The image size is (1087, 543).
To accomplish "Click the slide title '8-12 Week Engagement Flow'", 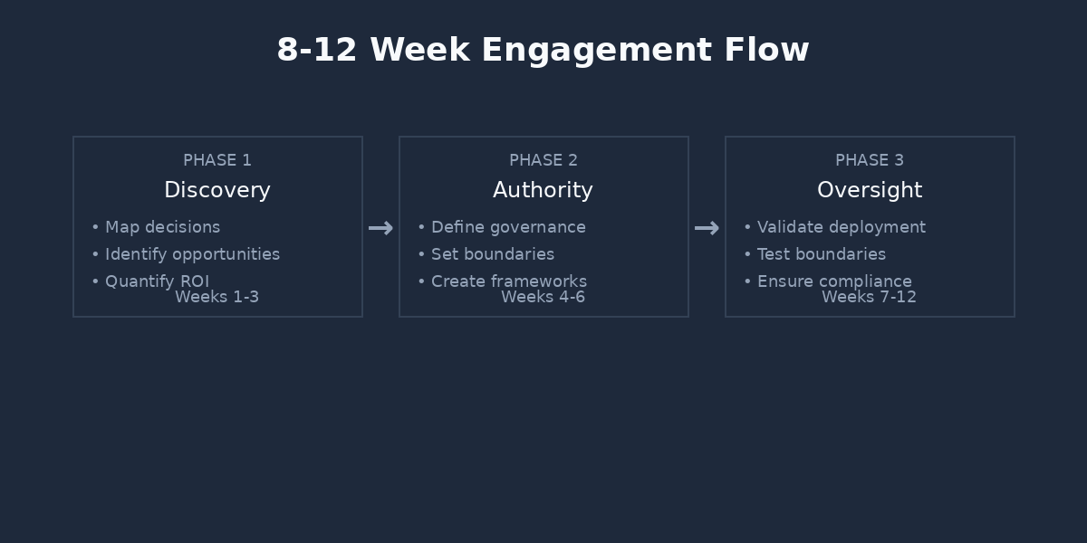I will pyautogui.click(x=543, y=50).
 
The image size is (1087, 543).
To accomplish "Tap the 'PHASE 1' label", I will pyautogui.click(x=217, y=160).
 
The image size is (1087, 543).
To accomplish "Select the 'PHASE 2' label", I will pyautogui.click(x=543, y=160).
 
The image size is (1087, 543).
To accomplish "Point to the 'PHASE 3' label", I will pyautogui.click(x=870, y=160).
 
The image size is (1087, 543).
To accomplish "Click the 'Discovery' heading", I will pyautogui.click(x=217, y=190).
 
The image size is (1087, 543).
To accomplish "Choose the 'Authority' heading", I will pyautogui.click(x=543, y=190).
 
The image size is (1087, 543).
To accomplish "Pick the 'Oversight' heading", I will pyautogui.click(x=870, y=190).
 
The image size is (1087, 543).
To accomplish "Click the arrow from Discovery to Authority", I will pyautogui.click(x=380, y=228).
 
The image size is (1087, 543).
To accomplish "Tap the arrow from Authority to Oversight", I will pyautogui.click(x=707, y=228).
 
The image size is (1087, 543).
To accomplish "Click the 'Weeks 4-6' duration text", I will pyautogui.click(x=543, y=298).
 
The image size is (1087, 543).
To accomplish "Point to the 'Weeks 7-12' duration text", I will pyautogui.click(x=870, y=298).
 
